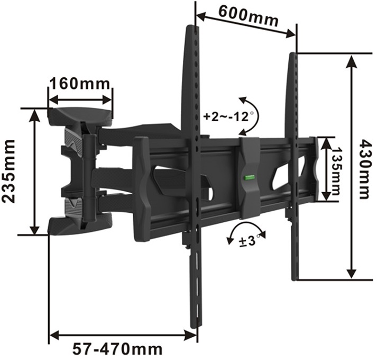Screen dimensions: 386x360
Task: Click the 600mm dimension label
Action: [x=249, y=16]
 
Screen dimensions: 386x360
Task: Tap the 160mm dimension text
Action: [x=80, y=84]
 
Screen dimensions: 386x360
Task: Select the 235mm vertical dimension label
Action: [x=9, y=171]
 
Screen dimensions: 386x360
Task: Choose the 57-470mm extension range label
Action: [x=117, y=349]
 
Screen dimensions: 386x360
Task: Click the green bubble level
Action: [x=250, y=177]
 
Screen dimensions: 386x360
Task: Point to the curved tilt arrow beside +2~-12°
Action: [x=258, y=116]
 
